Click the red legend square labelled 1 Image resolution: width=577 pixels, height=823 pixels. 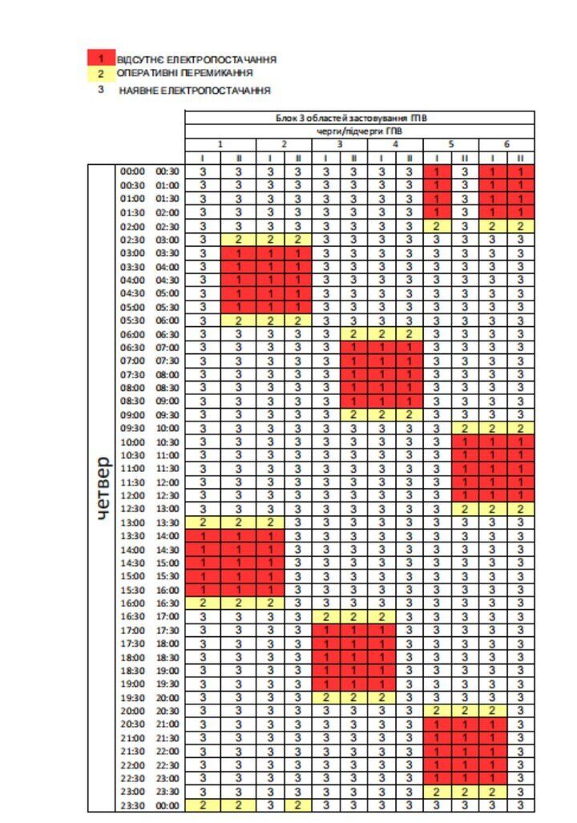(101, 58)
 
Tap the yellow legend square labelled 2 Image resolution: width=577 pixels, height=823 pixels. (101, 73)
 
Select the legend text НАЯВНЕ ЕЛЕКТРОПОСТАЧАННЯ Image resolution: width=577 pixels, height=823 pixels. (195, 91)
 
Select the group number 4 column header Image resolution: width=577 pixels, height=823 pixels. (395, 143)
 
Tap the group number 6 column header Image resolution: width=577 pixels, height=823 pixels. (506, 143)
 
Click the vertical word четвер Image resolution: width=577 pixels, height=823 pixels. (103, 489)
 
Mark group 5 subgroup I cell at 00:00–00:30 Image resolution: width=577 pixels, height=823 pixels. (437, 171)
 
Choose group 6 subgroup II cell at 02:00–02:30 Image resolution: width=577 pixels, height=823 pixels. (520, 226)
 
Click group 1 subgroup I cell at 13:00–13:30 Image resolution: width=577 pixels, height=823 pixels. (204, 522)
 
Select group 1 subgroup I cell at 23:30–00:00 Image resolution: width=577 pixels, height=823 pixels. (204, 805)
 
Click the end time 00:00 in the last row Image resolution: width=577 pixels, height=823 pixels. (167, 805)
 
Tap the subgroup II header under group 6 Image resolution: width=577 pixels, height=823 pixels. (520, 158)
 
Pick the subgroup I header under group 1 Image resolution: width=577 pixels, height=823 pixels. (204, 158)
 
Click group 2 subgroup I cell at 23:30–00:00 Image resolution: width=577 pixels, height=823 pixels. (270, 805)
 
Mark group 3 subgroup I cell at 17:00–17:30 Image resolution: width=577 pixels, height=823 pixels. (326, 631)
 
